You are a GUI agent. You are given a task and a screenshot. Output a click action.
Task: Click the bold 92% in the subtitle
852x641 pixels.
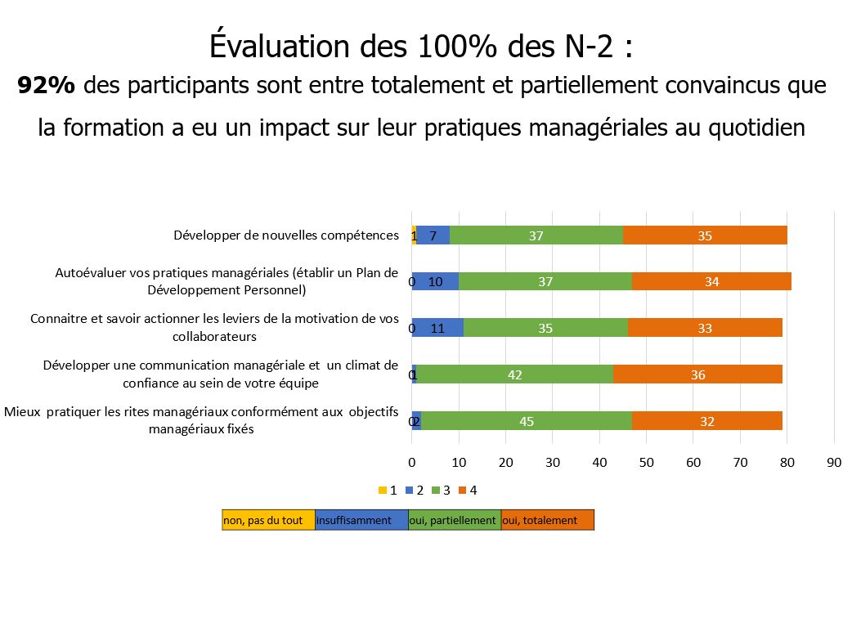[x=47, y=85]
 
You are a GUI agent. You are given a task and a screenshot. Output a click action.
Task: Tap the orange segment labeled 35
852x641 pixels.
[x=705, y=235]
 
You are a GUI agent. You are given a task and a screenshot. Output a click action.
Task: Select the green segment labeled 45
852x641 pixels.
[x=527, y=421]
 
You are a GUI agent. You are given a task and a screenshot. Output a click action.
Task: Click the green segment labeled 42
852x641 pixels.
[x=514, y=374]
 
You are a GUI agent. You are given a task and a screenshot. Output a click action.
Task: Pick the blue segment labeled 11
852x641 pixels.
[x=437, y=329]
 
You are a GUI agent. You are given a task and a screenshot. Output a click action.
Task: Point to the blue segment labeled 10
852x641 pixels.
[x=435, y=282]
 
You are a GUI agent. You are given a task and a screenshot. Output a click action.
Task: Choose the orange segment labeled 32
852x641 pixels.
[x=707, y=421]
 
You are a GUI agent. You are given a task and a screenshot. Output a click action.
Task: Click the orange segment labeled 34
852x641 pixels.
[x=711, y=282]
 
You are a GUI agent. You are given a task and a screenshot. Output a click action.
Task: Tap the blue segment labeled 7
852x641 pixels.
[x=433, y=235]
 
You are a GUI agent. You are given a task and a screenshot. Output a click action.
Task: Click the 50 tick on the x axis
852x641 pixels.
[x=647, y=463]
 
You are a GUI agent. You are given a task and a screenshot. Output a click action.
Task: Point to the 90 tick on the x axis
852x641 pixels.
[x=834, y=463]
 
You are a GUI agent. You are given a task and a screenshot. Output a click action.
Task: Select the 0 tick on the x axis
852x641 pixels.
[x=411, y=463]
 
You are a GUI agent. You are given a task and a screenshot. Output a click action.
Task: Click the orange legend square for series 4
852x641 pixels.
[x=463, y=491]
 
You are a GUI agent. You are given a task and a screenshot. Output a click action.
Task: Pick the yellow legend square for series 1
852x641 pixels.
[x=382, y=491]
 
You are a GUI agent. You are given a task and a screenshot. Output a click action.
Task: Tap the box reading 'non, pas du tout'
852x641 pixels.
[x=268, y=520]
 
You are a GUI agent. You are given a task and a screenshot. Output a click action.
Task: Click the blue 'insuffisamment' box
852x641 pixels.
[x=361, y=520]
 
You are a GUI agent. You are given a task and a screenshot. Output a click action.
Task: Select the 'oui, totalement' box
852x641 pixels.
[x=547, y=520]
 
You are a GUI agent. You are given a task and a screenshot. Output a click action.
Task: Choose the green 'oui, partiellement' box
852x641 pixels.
[x=455, y=520]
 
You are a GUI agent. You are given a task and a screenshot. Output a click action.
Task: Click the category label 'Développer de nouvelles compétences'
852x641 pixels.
[x=285, y=235]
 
